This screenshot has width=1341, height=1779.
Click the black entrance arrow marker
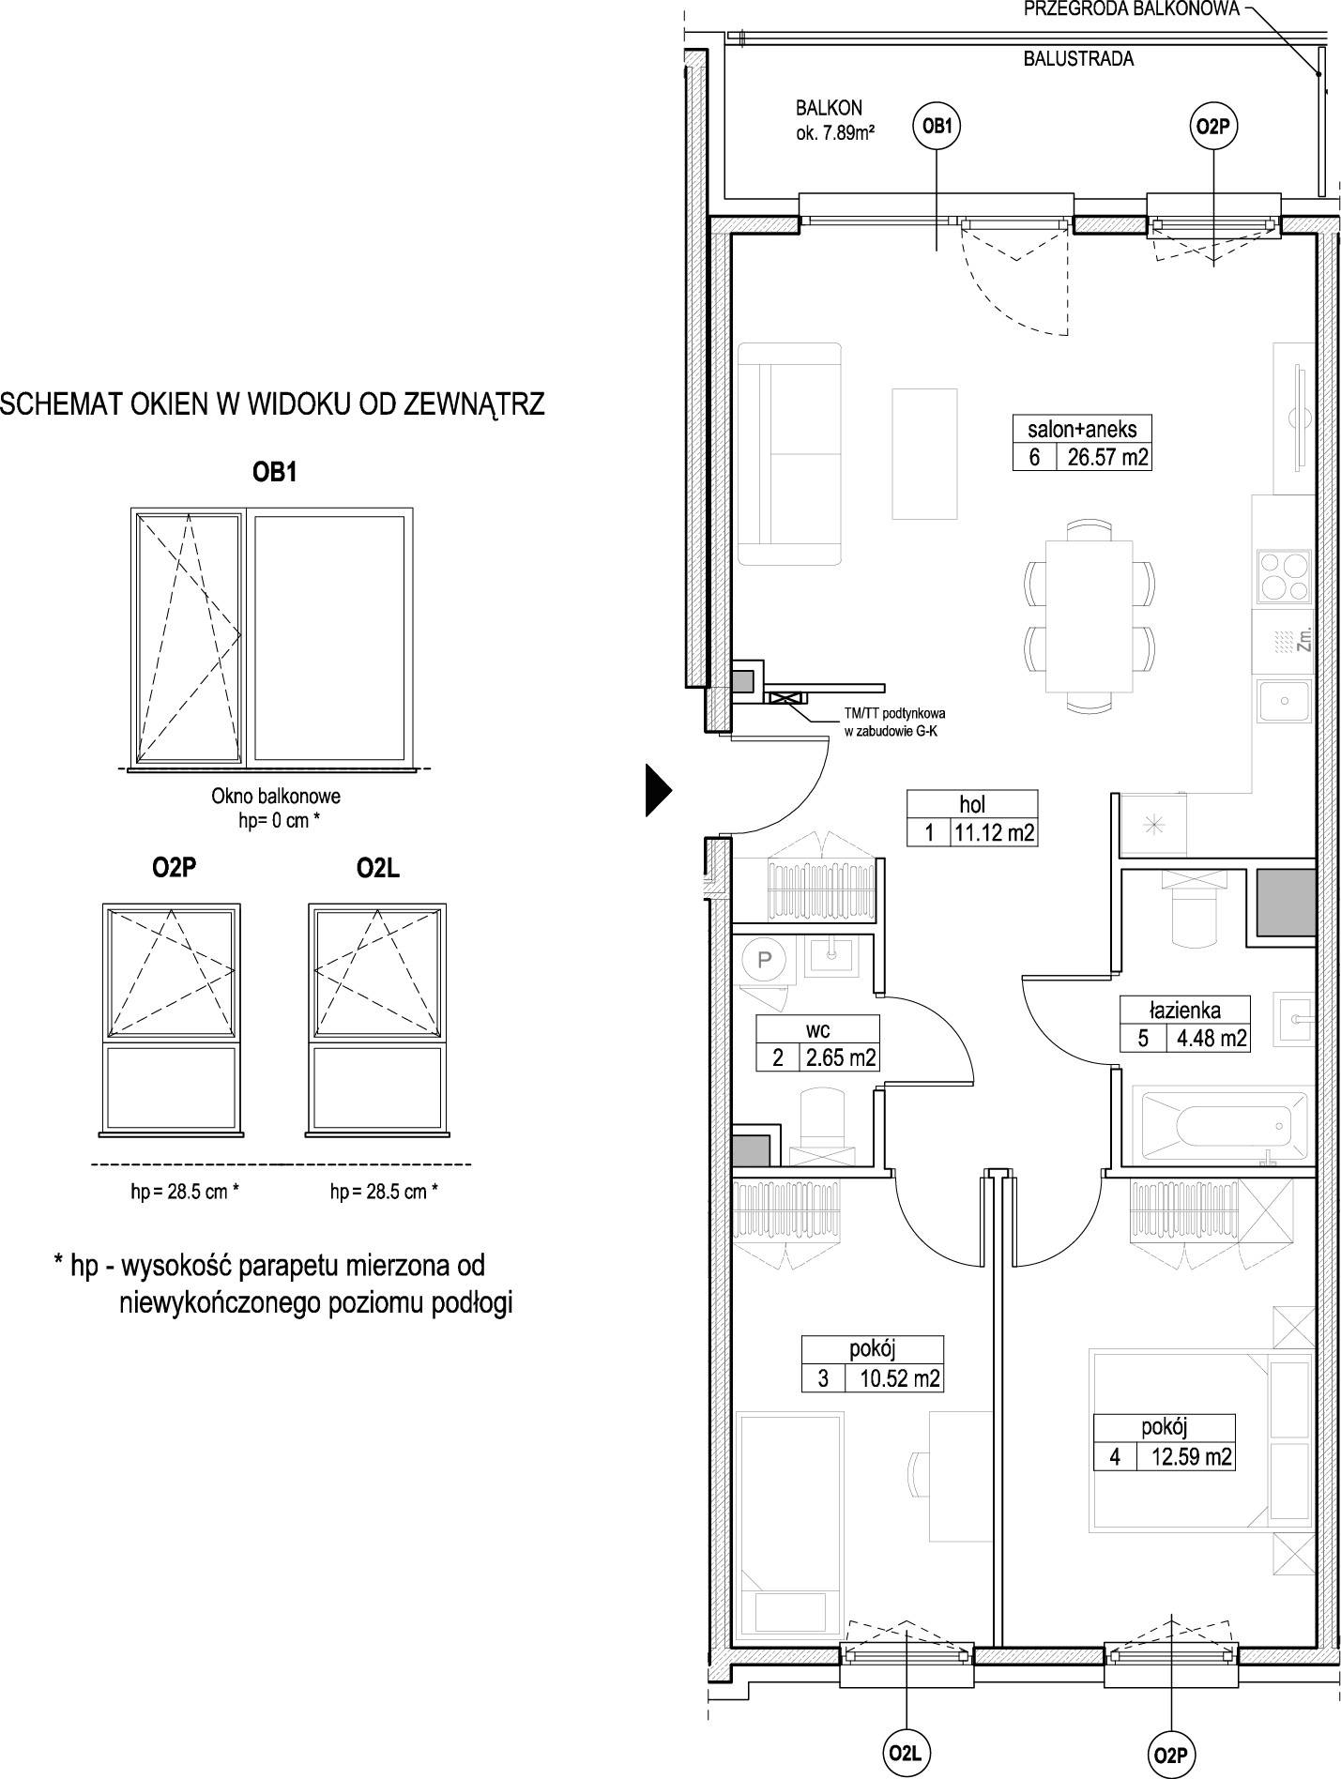coord(658,790)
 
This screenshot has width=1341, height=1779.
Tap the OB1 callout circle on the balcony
coord(937,127)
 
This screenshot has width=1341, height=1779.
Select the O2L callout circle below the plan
coord(907,1752)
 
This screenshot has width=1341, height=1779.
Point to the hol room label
coord(972,804)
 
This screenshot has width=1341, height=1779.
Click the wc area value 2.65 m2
coord(839,1058)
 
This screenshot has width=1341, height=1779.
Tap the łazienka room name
coord(1185,1010)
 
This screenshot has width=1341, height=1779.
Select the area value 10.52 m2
coord(893,1378)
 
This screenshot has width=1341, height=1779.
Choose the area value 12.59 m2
coord(1186,1456)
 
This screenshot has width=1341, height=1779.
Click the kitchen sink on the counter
coord(1283,702)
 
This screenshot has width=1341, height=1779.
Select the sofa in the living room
coord(789,454)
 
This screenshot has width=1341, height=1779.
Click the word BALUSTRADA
coord(1077,59)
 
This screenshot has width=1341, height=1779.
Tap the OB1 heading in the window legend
coord(274,473)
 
